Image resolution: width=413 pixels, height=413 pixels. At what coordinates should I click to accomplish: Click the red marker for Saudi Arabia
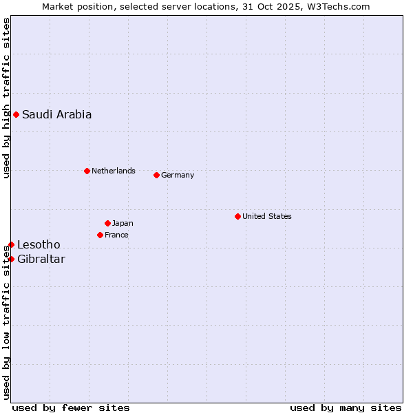coord(16,114)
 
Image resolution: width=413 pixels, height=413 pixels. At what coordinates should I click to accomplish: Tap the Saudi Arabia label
coord(56,115)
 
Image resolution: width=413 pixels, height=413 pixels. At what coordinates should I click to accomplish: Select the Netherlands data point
coord(87,171)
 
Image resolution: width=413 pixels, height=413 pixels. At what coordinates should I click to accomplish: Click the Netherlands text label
coord(113,171)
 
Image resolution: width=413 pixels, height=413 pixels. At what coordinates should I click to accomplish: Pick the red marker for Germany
coord(156,175)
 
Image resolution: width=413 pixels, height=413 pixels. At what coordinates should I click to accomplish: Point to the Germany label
coord(178,175)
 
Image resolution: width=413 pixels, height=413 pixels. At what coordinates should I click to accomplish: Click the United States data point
coord(237,216)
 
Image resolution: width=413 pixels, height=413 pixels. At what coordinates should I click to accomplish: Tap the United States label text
coord(266,216)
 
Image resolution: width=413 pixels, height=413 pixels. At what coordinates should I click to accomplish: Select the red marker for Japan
coord(107,223)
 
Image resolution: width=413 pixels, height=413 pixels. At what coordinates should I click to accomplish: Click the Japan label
coord(123,223)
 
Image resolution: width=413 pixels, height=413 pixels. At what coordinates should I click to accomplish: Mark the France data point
coord(100,235)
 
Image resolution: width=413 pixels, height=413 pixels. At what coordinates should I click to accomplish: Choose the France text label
coord(116,235)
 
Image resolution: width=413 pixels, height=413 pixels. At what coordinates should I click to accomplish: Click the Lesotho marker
coord(11,244)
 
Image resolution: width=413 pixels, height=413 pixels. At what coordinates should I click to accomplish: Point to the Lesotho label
coord(39,245)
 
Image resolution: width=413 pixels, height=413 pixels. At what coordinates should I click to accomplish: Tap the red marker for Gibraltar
coord(11,259)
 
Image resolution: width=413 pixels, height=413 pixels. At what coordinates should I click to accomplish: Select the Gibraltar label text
coord(41,260)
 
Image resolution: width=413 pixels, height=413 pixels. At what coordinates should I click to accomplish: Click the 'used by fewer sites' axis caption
coord(70,407)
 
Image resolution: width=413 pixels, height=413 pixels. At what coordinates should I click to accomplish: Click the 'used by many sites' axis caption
coord(346,407)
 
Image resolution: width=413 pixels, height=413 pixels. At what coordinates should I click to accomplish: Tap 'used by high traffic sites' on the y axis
coord(6,98)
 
